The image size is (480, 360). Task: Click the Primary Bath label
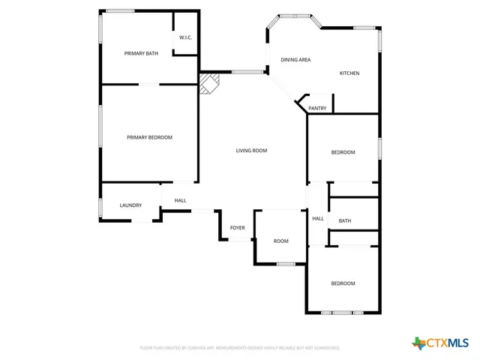pyautogui.click(x=141, y=53)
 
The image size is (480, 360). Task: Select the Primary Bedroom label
pyautogui.click(x=149, y=137)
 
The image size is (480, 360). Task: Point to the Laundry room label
pyautogui.click(x=130, y=205)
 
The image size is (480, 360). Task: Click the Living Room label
pyautogui.click(x=251, y=151)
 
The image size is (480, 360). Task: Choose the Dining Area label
pyautogui.click(x=295, y=59)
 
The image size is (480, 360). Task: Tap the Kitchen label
pyautogui.click(x=349, y=73)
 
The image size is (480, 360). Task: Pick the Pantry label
pyautogui.click(x=317, y=108)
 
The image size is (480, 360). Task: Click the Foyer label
pyautogui.click(x=237, y=227)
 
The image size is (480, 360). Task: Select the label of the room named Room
pyautogui.click(x=280, y=241)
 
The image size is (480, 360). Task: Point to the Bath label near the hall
pyautogui.click(x=345, y=220)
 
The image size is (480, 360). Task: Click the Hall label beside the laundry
pyautogui.click(x=180, y=200)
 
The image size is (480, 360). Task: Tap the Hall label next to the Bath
pyautogui.click(x=318, y=218)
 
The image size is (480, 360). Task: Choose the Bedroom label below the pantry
pyautogui.click(x=343, y=152)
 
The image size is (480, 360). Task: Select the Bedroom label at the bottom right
pyautogui.click(x=343, y=283)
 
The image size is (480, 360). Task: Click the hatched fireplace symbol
pyautogui.click(x=209, y=82)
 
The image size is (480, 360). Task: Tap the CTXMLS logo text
pyautogui.click(x=448, y=343)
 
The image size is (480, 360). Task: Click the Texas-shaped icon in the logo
pyautogui.click(x=418, y=343)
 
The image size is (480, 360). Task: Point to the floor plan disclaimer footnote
pyautogui.click(x=239, y=348)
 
